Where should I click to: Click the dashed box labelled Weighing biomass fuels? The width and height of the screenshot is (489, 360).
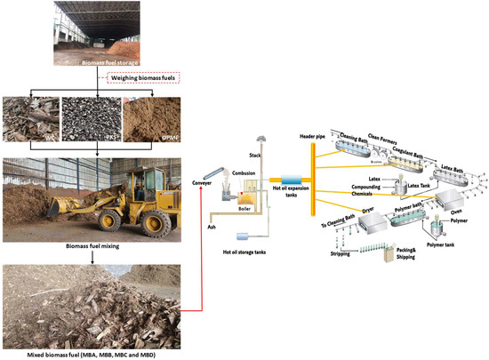[142, 78]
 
